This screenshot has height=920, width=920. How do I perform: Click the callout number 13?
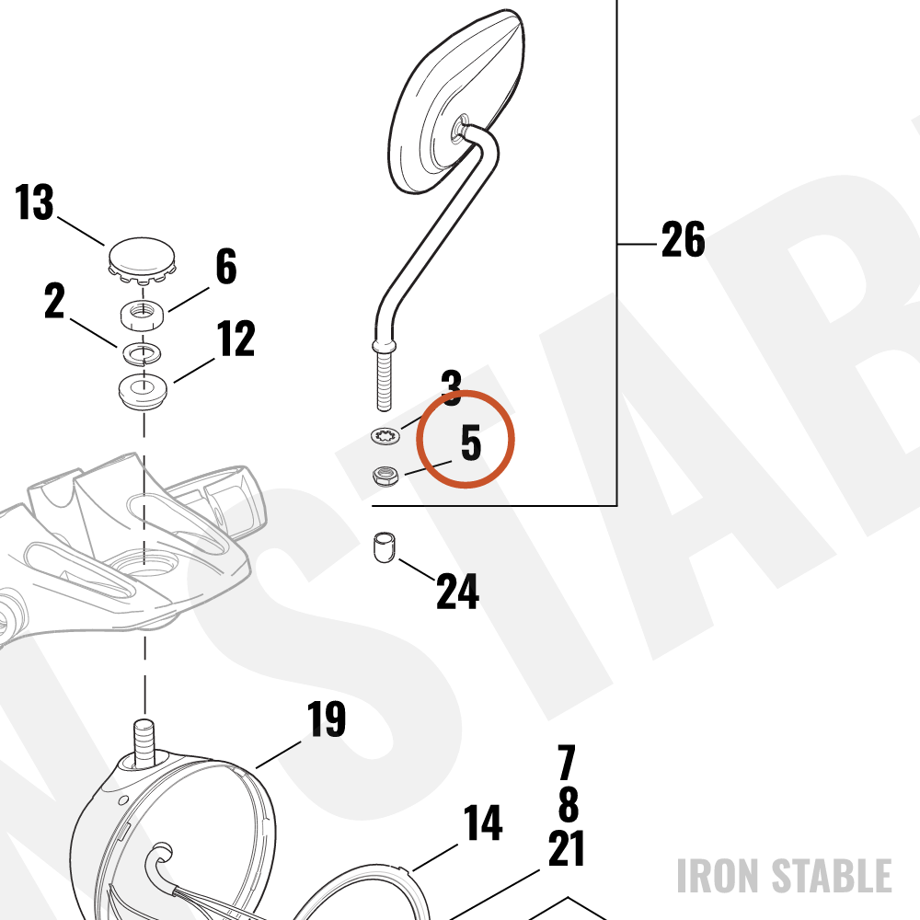34,202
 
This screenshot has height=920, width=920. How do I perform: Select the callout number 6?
226,266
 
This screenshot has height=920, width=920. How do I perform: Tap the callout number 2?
54,301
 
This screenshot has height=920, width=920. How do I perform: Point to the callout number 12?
236,339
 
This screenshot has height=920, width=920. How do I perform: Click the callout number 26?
683,239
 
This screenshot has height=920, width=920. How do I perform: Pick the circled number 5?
470,443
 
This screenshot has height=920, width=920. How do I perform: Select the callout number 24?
457,591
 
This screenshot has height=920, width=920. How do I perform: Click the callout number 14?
483,822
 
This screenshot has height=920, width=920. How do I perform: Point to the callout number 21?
566,848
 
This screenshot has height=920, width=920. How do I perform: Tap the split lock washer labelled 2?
143,353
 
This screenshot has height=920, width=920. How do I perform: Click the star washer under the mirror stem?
385,436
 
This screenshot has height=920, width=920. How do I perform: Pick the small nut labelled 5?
385,475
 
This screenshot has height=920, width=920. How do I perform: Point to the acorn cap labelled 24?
385,546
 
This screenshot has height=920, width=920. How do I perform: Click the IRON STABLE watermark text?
785,876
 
